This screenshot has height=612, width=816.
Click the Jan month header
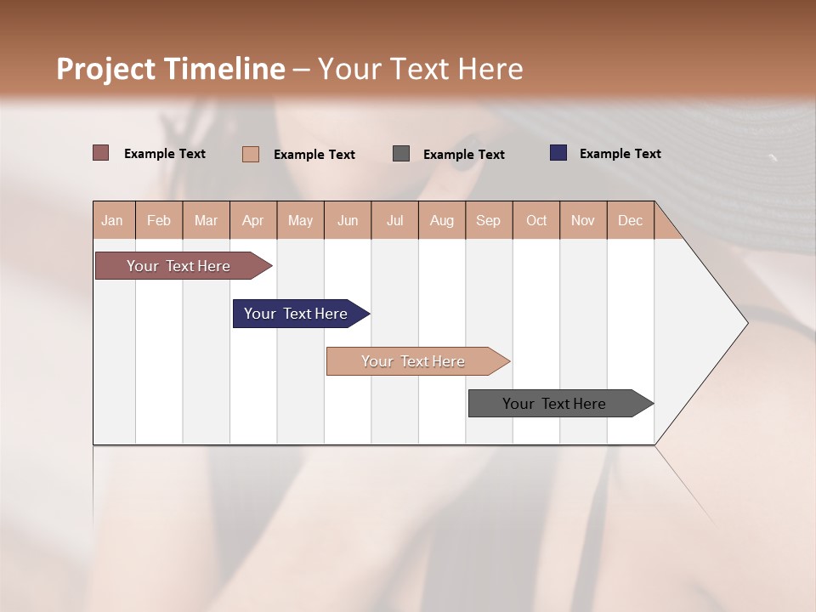pos(113,220)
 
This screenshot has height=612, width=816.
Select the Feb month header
pos(159,220)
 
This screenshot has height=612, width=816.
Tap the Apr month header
pos(253,220)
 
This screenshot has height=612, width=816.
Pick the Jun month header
pos(348,220)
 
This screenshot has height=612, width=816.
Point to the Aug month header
pos(442,220)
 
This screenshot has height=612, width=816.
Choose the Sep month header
pos(489,220)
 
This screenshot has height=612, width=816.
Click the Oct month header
pos(536,220)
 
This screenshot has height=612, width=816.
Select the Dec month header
pos(631,220)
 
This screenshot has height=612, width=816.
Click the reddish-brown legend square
pos(101,153)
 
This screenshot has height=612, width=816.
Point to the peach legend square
pos(251,154)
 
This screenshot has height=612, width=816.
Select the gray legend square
pos(401,154)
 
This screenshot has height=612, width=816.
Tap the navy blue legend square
pos(558,153)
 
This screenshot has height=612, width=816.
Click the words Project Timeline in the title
pos(171,69)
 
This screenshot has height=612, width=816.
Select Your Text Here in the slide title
pos(421,69)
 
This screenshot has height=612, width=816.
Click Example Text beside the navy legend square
pos(620,154)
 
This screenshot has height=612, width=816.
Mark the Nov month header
pos(583,220)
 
